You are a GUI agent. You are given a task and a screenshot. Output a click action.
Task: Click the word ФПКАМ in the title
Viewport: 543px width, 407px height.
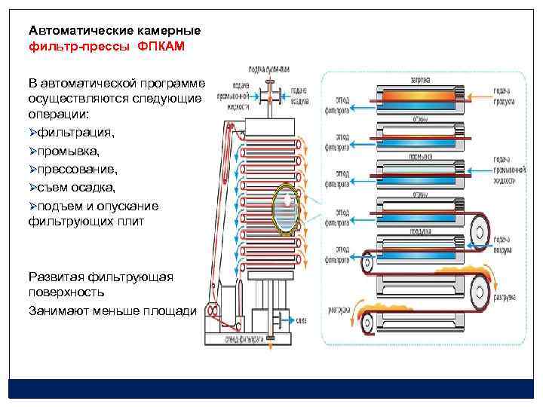pyautogui.click(x=161, y=46)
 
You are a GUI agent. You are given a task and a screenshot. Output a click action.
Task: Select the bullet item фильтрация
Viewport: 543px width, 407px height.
pyautogui.click(x=72, y=133)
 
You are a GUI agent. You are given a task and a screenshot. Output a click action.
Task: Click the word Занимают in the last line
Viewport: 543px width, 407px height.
pyautogui.click(x=58, y=310)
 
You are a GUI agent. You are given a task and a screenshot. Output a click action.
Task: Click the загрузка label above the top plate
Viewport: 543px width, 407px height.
pyautogui.click(x=420, y=78)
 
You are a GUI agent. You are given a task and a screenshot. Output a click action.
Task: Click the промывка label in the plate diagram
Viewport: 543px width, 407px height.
pyautogui.click(x=420, y=157)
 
